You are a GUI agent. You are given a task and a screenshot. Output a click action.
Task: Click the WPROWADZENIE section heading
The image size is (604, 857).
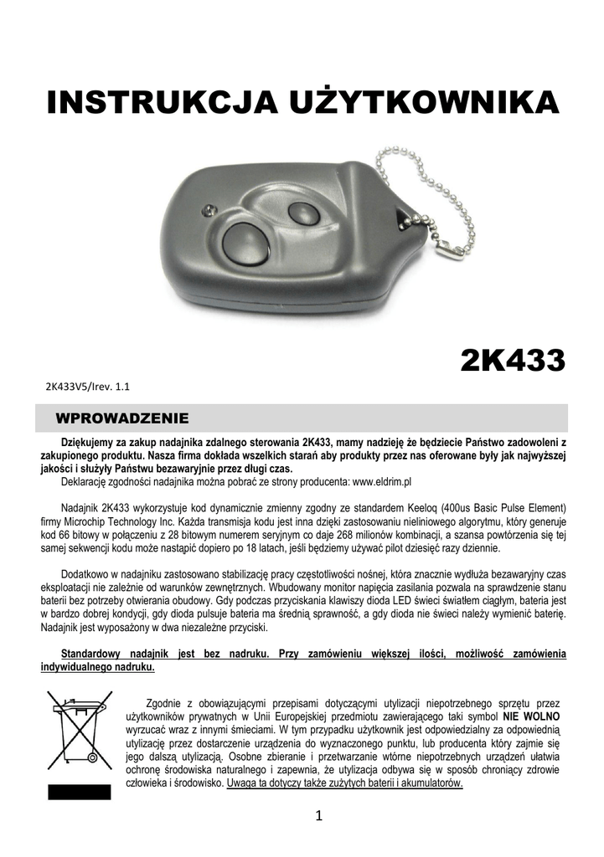(121, 417)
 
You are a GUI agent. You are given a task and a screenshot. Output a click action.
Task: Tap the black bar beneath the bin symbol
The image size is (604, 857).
(79, 792)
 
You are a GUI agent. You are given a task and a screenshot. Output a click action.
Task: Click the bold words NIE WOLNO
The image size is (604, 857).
(531, 718)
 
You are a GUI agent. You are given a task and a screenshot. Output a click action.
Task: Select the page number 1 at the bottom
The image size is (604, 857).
(319, 818)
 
